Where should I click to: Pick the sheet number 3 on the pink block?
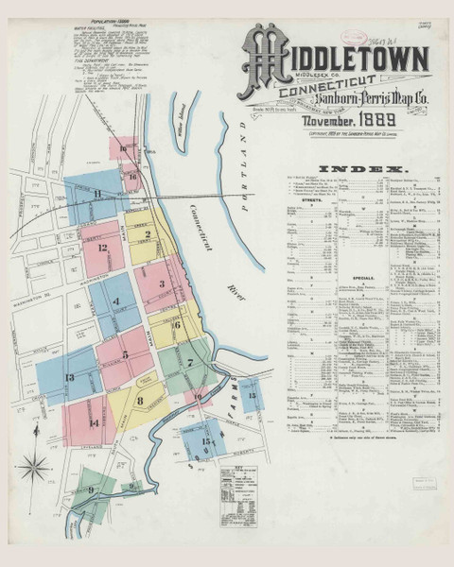point(162,283)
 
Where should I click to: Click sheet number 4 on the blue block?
point(115,301)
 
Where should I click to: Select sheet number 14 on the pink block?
point(95,424)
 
